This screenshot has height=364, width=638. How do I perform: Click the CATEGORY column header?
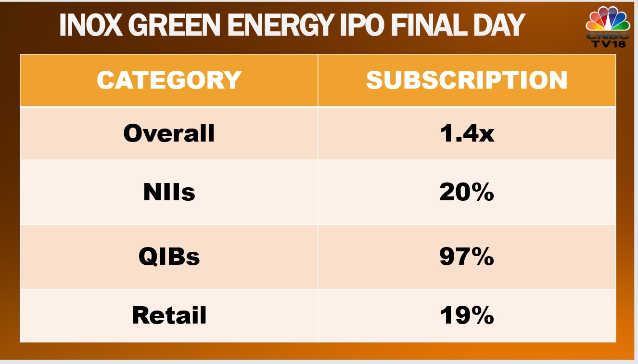point(169,80)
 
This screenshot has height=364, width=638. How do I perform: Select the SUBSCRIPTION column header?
point(467,80)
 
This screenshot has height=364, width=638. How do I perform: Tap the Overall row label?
point(169,133)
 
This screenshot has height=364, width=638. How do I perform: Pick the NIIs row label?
point(169,193)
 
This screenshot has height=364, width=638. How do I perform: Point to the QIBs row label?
point(169,257)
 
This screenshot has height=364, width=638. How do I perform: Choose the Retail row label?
point(169,315)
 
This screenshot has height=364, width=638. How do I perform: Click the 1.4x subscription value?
point(467,133)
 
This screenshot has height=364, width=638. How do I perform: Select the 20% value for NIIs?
point(467,193)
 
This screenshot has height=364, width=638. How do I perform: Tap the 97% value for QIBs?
point(467,257)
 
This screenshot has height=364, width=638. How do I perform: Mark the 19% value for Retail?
point(467,315)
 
